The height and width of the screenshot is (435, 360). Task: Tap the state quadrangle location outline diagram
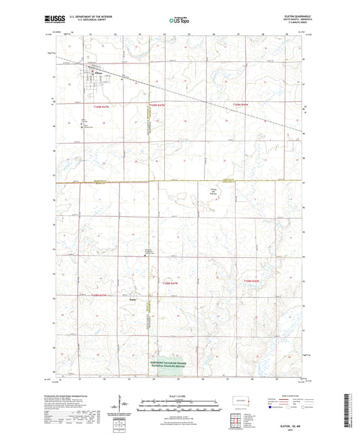pos(238,401)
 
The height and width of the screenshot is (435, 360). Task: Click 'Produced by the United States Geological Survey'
pos(77,396)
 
